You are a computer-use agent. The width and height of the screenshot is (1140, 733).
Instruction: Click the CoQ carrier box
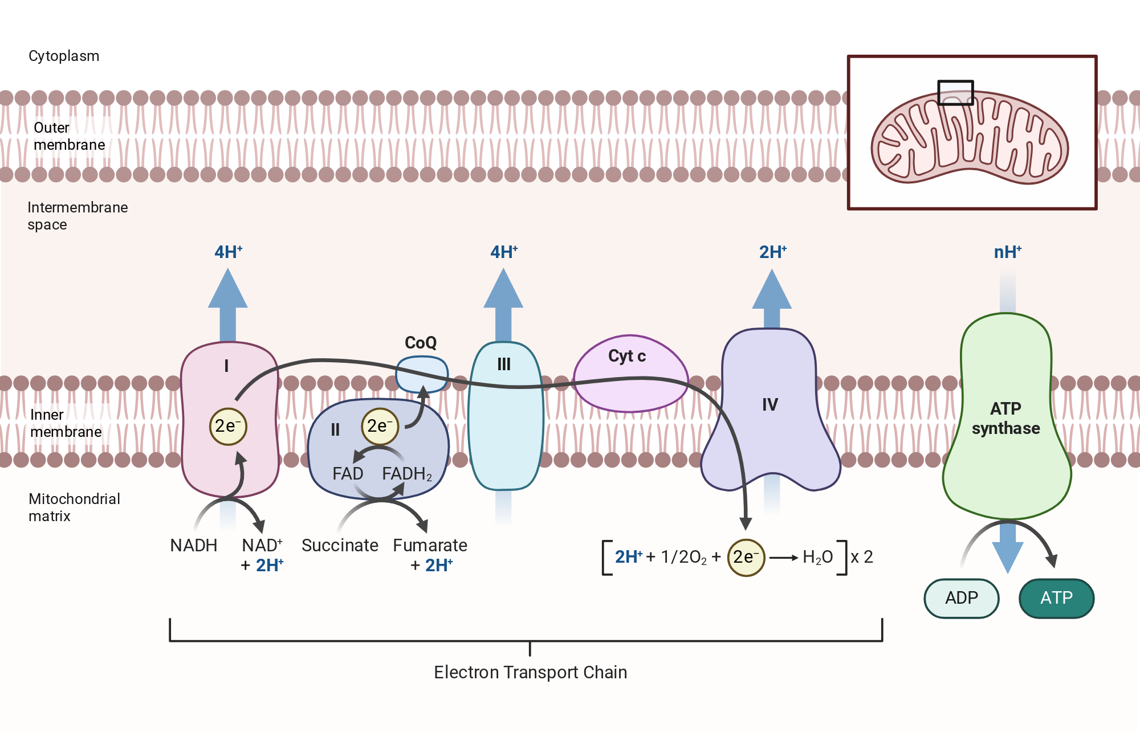click(x=422, y=374)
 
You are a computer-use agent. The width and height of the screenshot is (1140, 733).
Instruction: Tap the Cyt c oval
click(x=630, y=374)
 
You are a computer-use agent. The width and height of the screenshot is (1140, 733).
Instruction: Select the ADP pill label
click(x=962, y=598)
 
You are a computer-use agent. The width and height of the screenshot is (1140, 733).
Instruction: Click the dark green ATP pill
click(x=1056, y=598)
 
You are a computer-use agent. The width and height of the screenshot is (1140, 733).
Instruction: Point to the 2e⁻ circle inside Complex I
click(x=228, y=426)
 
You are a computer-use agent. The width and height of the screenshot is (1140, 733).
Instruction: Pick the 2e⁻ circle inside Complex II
click(x=380, y=426)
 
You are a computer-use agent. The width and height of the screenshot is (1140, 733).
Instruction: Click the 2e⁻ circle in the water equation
click(x=746, y=558)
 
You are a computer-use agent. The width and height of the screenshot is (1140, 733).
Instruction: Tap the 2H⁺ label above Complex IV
click(x=773, y=252)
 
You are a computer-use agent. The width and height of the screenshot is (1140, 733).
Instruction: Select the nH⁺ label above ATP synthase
click(x=1007, y=252)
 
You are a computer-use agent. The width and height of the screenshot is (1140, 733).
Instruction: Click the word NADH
click(x=194, y=545)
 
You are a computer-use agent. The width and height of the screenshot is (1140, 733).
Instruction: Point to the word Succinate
click(x=340, y=545)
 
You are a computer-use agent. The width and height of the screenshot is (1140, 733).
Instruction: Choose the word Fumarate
click(x=430, y=545)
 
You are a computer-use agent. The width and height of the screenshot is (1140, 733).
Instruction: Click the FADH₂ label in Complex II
click(x=407, y=474)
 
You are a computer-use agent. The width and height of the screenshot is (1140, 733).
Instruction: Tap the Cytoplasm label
click(x=64, y=56)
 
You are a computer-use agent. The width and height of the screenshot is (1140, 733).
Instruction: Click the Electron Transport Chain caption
click(x=530, y=672)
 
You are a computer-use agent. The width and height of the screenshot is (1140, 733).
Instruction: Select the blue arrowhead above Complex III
click(x=503, y=288)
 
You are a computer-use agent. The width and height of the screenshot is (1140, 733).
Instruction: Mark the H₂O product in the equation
click(x=817, y=557)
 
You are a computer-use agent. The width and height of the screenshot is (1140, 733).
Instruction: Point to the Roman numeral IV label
click(x=770, y=404)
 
